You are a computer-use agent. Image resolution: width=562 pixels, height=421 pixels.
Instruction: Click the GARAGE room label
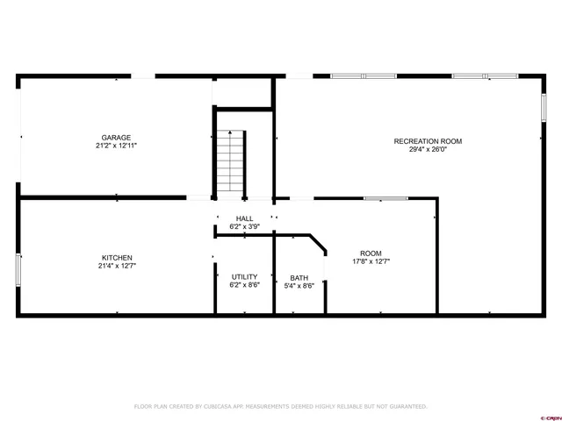(116, 138)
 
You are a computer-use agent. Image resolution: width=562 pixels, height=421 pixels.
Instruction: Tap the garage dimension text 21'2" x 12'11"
(116, 146)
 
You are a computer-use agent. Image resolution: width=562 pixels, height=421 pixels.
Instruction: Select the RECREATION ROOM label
(428, 141)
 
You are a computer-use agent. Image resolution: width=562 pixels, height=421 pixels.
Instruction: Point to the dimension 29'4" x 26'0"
(428, 150)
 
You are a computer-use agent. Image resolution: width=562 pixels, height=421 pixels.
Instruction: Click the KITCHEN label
(116, 258)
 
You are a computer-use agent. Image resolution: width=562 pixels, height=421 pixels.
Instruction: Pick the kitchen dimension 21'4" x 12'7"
(116, 266)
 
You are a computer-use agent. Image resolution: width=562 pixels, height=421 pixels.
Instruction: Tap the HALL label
(244, 218)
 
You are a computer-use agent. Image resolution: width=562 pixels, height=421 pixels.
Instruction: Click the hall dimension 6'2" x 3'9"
(244, 226)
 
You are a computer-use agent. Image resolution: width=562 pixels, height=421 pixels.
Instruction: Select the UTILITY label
(244, 277)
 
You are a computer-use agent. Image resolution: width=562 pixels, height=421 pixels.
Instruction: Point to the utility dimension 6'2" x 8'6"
(244, 285)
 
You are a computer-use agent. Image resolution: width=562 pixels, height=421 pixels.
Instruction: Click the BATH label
(299, 277)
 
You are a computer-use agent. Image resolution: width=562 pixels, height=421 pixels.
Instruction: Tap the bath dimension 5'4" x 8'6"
(299, 285)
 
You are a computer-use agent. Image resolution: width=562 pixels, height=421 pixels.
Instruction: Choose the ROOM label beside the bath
(371, 253)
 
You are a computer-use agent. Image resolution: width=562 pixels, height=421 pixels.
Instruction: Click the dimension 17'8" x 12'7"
(371, 260)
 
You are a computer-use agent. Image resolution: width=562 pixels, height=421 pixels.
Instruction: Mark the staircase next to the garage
(230, 161)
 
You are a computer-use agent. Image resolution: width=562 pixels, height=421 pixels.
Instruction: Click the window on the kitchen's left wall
(18, 268)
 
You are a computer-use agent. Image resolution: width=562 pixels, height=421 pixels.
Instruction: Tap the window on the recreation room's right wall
(544, 107)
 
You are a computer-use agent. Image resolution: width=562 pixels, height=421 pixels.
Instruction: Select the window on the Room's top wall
(385, 198)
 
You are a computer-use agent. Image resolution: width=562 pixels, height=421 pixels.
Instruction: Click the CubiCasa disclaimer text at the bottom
(280, 406)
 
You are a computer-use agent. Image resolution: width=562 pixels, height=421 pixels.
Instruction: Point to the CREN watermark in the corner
(550, 416)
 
